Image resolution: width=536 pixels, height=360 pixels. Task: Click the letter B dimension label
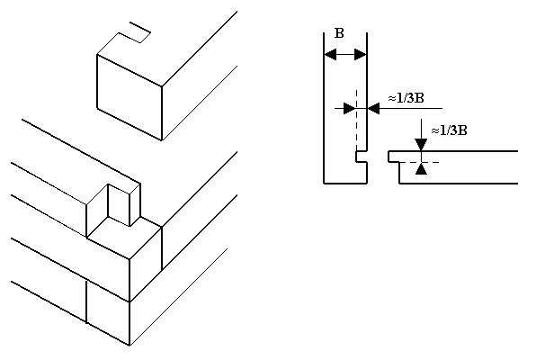339,33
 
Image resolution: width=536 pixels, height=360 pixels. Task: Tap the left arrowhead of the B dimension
330,54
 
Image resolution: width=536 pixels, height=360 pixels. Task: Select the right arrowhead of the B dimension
361,54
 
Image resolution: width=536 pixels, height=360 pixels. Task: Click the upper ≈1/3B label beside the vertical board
406,99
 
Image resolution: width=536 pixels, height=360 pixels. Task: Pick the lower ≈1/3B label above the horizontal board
449,130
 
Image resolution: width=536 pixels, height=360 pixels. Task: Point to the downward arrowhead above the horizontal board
422,145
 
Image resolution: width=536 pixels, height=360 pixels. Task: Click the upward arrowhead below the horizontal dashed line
422,168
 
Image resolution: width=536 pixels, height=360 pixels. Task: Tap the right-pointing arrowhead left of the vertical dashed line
350,109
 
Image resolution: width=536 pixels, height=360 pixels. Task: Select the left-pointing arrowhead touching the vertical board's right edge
373,109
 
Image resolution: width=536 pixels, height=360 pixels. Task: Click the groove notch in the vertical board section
361,157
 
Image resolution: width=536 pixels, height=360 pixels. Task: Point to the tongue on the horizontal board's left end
394,157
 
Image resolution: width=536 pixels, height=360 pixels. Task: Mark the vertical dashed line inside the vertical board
356,120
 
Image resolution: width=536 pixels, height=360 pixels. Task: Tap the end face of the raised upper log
130,97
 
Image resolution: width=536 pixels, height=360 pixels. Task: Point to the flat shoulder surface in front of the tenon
124,238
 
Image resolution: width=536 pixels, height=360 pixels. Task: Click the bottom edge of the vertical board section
345,184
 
